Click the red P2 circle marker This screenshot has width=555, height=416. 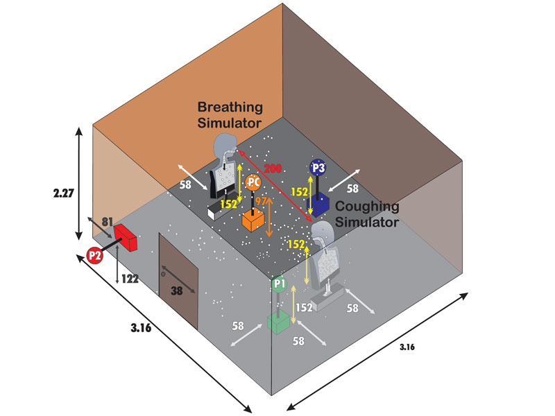pos(95,255)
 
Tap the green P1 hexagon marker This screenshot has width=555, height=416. pos(280,284)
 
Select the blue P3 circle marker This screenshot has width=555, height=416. pos(318,167)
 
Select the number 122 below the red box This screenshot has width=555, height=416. pos(128,279)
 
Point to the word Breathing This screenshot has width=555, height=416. pos(230,107)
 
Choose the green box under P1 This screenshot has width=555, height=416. pos(279,322)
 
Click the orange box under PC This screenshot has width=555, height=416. pos(255,221)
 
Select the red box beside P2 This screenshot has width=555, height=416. pos(126,236)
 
